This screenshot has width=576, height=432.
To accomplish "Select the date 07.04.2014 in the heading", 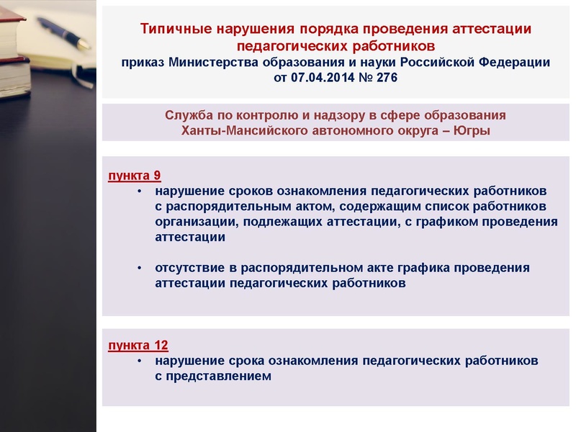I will (x=324, y=78).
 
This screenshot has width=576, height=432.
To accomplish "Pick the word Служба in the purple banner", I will (x=189, y=116).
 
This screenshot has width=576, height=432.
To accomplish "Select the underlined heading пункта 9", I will (x=135, y=176).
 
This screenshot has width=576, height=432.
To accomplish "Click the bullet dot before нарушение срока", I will (x=140, y=361).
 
